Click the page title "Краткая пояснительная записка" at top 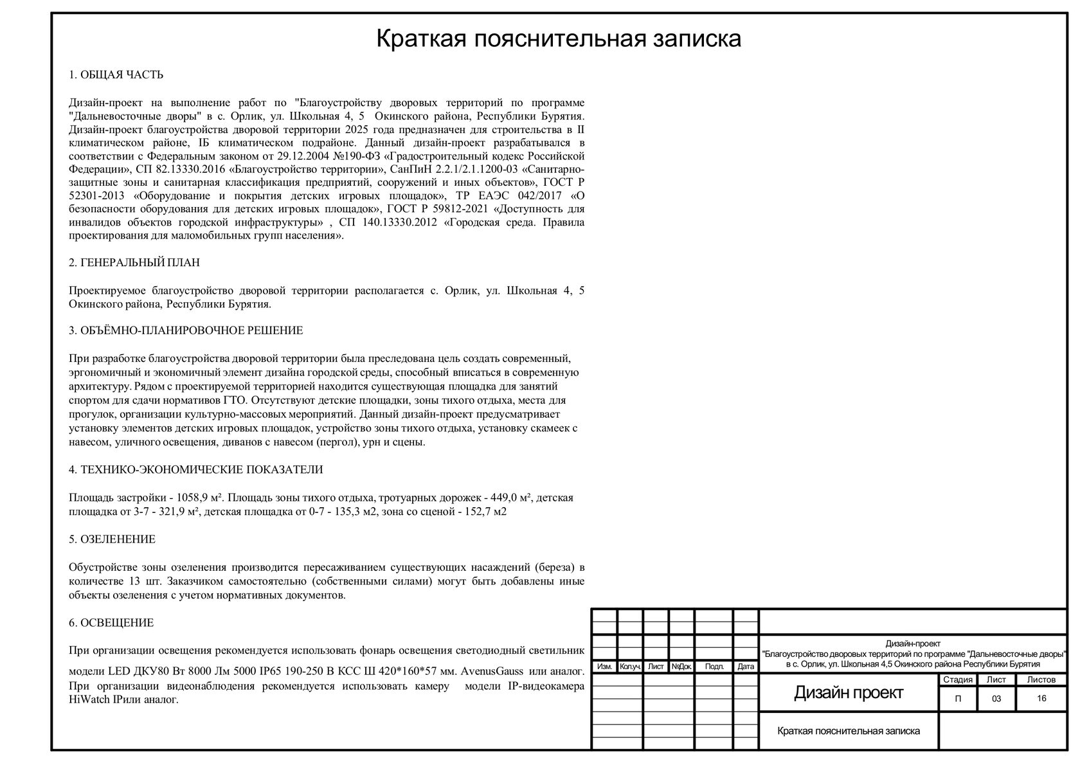[x=558, y=39]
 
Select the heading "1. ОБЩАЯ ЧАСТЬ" [x=116, y=75]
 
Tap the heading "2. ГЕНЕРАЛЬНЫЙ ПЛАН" [x=134, y=263]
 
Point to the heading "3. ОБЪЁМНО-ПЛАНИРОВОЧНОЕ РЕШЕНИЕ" [x=186, y=331]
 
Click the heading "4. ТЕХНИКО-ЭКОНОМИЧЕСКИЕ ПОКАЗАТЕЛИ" [x=195, y=470]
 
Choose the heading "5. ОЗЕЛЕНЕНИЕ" [x=112, y=539]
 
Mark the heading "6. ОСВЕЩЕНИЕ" [x=111, y=623]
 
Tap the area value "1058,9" [x=190, y=498]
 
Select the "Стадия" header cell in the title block [x=958, y=679]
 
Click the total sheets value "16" [x=1041, y=699]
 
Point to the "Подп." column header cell [x=714, y=667]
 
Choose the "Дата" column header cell [x=746, y=667]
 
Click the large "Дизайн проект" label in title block [x=849, y=693]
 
